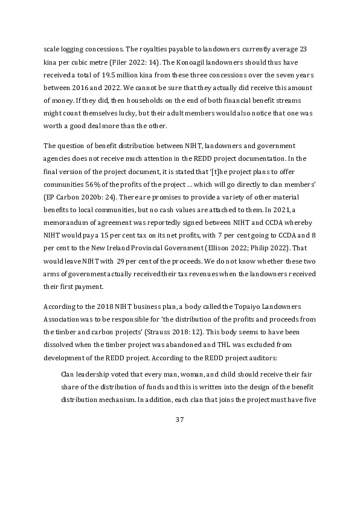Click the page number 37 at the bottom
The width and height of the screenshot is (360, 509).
click(x=179, y=420)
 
